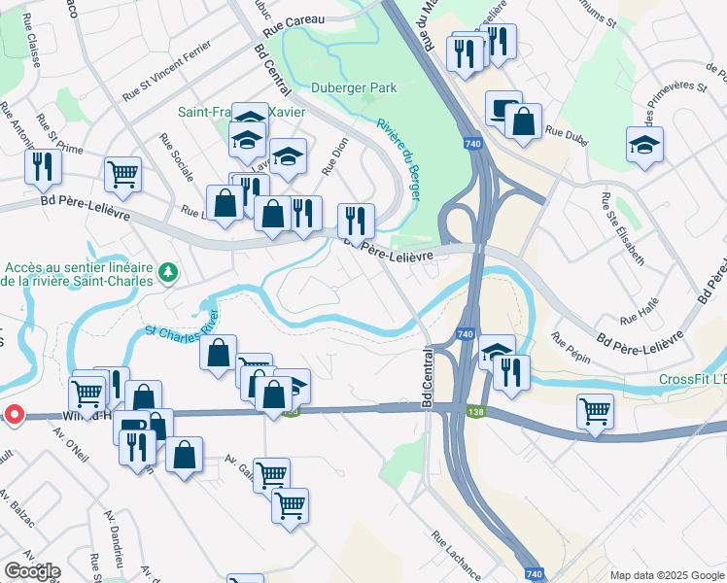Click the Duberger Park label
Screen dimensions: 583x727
click(x=354, y=87)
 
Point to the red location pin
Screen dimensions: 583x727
click(x=14, y=415)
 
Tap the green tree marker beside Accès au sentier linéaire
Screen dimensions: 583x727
click(x=168, y=274)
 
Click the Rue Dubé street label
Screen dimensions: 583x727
click(x=570, y=132)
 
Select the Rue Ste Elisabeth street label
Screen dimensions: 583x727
click(x=621, y=229)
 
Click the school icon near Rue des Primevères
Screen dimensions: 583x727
click(x=644, y=145)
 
